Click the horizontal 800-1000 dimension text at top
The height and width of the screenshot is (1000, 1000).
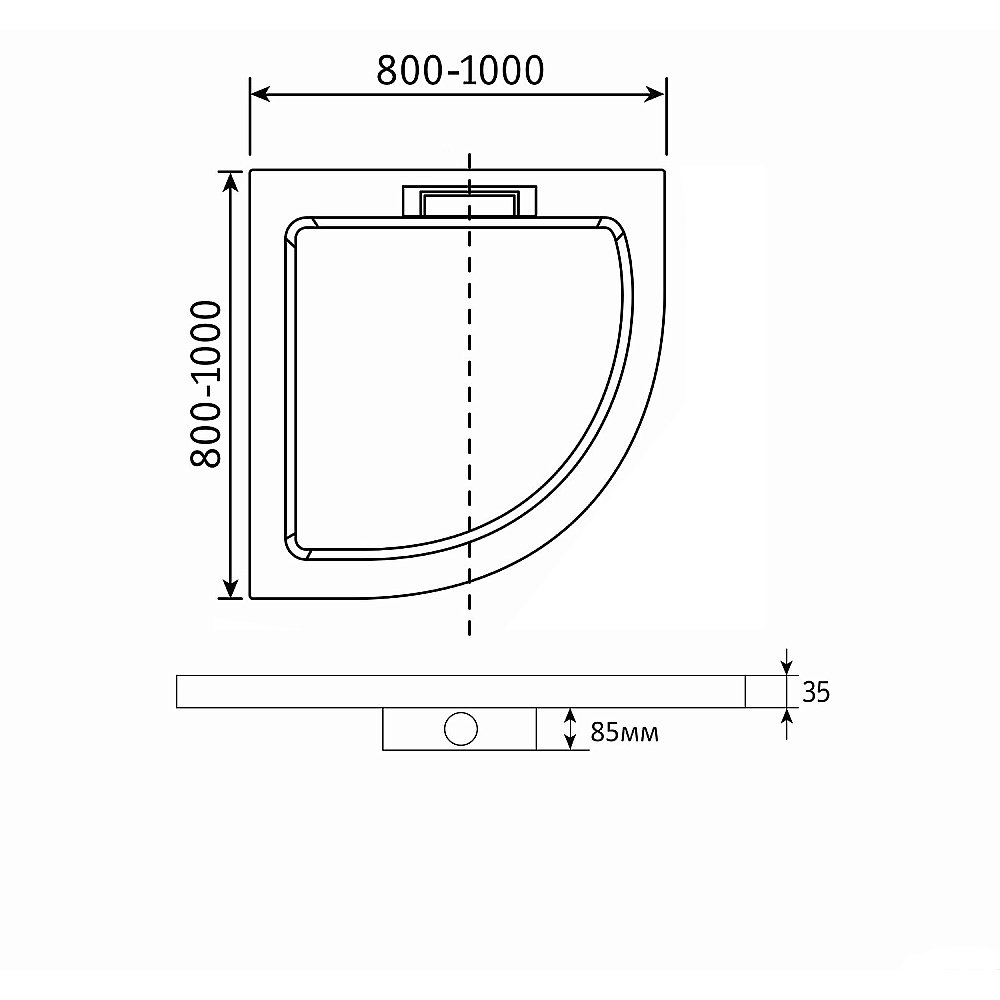click(x=459, y=69)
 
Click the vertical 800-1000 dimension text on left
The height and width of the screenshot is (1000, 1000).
click(x=205, y=384)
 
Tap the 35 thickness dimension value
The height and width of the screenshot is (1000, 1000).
click(x=816, y=692)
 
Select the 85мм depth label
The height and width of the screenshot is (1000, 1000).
click(x=624, y=732)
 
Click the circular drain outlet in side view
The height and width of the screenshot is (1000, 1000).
click(x=461, y=729)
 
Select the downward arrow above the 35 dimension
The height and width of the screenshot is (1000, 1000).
click(x=786, y=663)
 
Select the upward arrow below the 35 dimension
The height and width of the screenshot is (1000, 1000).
click(x=786, y=720)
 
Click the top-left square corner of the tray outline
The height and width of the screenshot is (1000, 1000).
click(x=251, y=172)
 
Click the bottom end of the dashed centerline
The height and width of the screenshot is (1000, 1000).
click(x=468, y=634)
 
